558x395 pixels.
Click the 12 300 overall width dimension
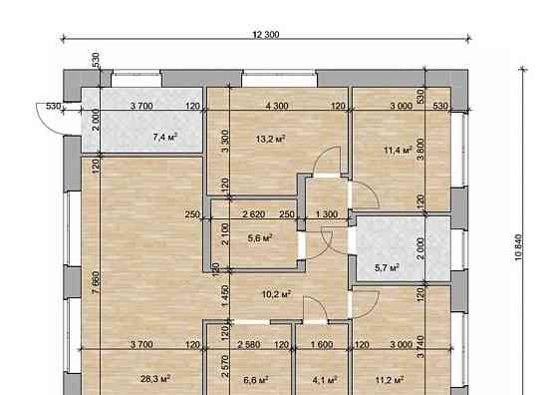click(x=266, y=35)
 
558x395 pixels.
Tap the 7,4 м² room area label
click(x=164, y=137)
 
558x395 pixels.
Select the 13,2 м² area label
click(x=270, y=139)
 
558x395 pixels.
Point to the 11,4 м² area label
click(x=398, y=150)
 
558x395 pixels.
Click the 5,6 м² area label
click(x=260, y=237)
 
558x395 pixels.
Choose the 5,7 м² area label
click(x=387, y=267)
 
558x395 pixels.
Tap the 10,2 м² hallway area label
click(x=277, y=294)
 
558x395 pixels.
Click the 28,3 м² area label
click(x=155, y=378)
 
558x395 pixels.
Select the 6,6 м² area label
click(x=256, y=380)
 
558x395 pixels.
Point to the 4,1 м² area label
click(x=325, y=380)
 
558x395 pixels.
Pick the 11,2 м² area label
click(x=390, y=380)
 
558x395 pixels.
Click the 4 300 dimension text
click(x=277, y=106)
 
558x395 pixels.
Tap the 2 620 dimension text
click(x=254, y=214)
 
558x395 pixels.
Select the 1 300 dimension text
click(x=327, y=214)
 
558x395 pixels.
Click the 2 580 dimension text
click(x=249, y=344)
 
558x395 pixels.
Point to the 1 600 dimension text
click(x=322, y=344)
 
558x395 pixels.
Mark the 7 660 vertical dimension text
click(x=96, y=283)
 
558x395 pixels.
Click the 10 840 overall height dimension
click(x=518, y=248)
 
